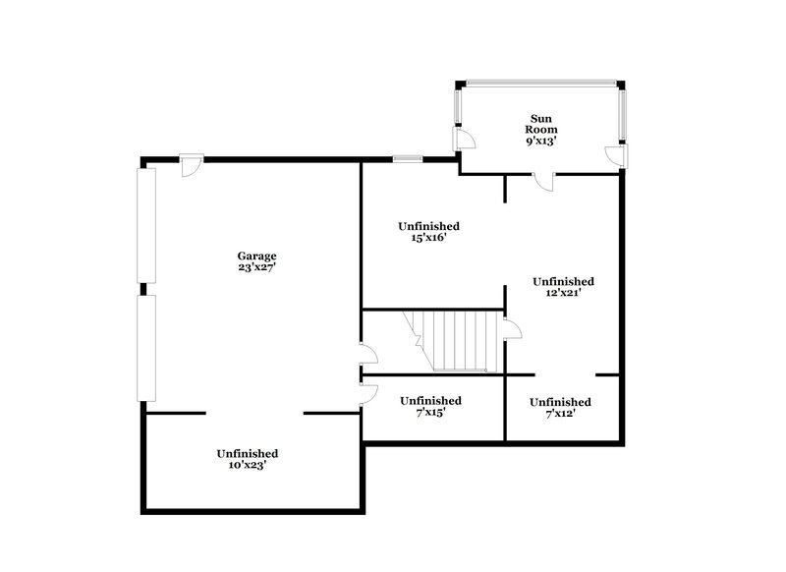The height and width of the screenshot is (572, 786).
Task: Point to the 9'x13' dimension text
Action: [x=541, y=141]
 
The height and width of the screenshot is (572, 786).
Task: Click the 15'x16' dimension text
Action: [x=428, y=238]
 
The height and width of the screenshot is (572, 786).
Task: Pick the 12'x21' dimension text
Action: [x=563, y=293]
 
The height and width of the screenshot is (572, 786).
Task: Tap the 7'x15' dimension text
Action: [x=430, y=413]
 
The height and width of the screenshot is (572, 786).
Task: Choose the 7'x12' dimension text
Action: [x=560, y=414]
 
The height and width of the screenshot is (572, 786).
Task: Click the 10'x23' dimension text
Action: [x=248, y=465]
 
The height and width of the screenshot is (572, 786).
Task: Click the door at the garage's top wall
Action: [x=193, y=163]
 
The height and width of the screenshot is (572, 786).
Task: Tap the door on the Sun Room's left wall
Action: [x=463, y=138]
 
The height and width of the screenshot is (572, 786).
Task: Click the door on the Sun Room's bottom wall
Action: [x=543, y=180]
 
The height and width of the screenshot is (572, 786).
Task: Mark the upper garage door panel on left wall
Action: [x=147, y=225]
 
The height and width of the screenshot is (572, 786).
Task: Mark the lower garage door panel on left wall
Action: [x=147, y=347]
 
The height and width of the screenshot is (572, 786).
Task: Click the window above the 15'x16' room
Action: [x=408, y=158]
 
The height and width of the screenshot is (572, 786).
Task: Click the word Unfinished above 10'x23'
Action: [x=248, y=453]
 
